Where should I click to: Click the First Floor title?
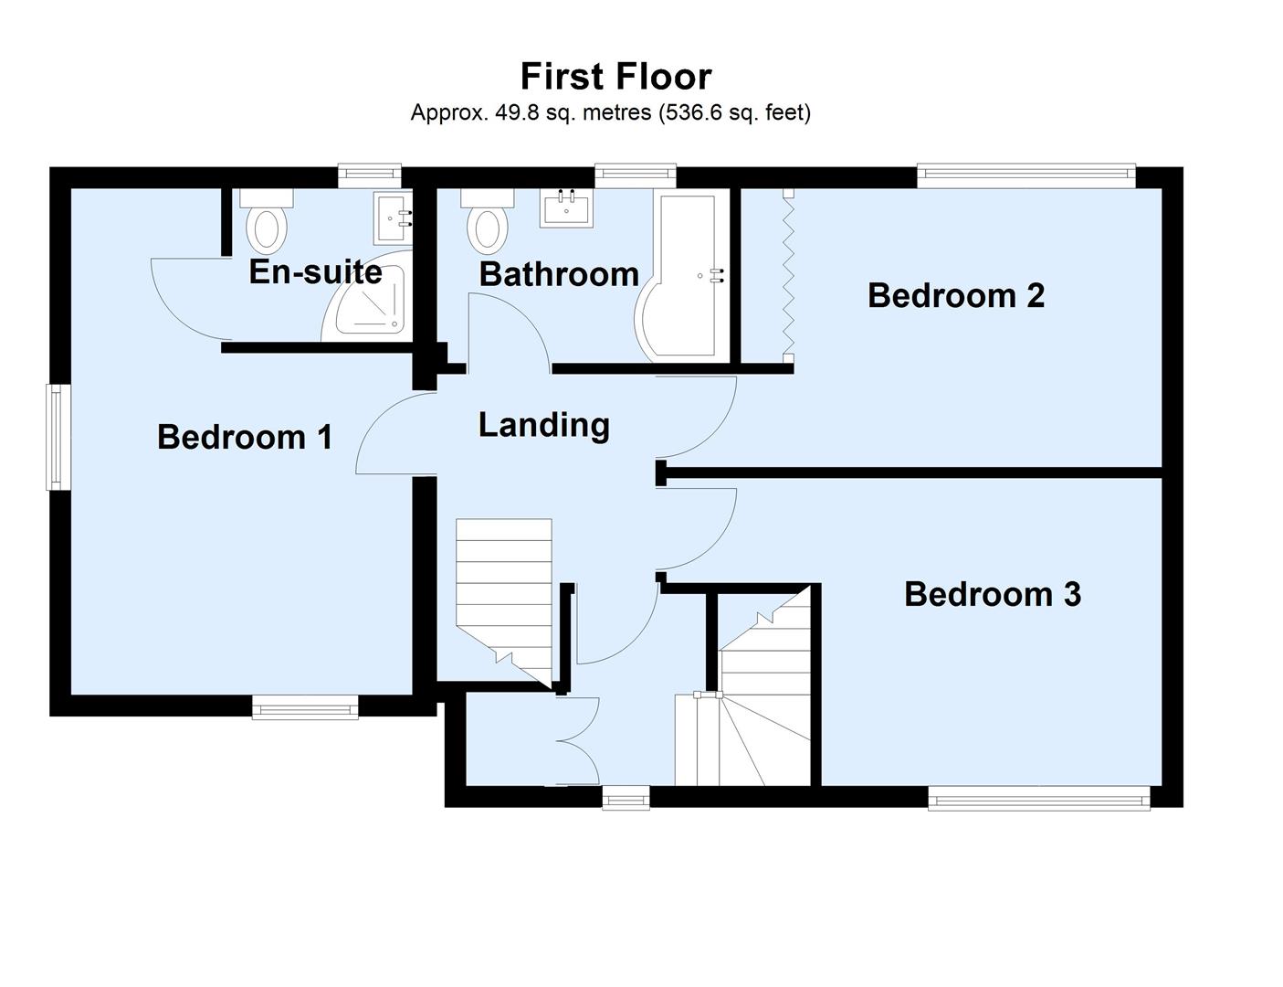[x=615, y=76]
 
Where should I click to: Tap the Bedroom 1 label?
[x=245, y=437]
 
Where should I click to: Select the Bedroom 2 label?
[x=955, y=295]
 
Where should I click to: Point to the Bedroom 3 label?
[x=993, y=594]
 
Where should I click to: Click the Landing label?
[x=544, y=425]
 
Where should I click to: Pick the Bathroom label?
[x=559, y=274]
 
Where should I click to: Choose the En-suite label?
[x=315, y=272]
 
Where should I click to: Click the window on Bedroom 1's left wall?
[x=58, y=437]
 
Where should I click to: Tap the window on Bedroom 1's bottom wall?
[x=305, y=706]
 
